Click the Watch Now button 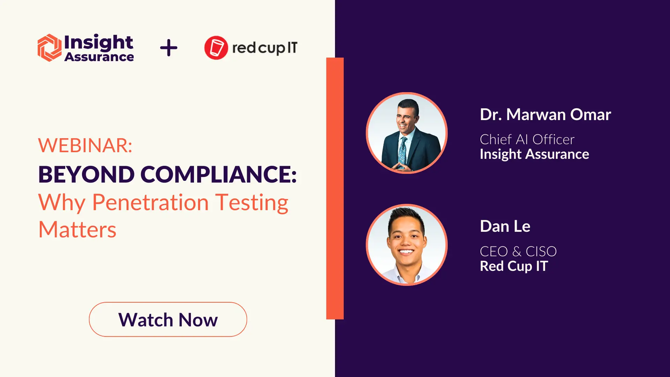tap(168, 319)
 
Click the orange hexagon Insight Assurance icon tap(50, 48)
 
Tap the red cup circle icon tap(216, 48)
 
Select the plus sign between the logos tap(169, 48)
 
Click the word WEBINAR tap(85, 145)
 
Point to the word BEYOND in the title tap(87, 174)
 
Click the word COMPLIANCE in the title tap(218, 174)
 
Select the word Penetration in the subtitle tap(150, 202)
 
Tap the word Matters tap(77, 230)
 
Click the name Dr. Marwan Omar tap(545, 114)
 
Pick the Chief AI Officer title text tap(527, 139)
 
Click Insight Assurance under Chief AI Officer tap(534, 154)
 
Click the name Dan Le tap(505, 226)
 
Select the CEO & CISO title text tap(518, 251)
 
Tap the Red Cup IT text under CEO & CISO tap(514, 266)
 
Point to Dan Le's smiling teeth tap(406, 251)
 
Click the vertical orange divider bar tap(335, 188)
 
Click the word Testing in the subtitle tap(252, 203)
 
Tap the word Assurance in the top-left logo tap(99, 57)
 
